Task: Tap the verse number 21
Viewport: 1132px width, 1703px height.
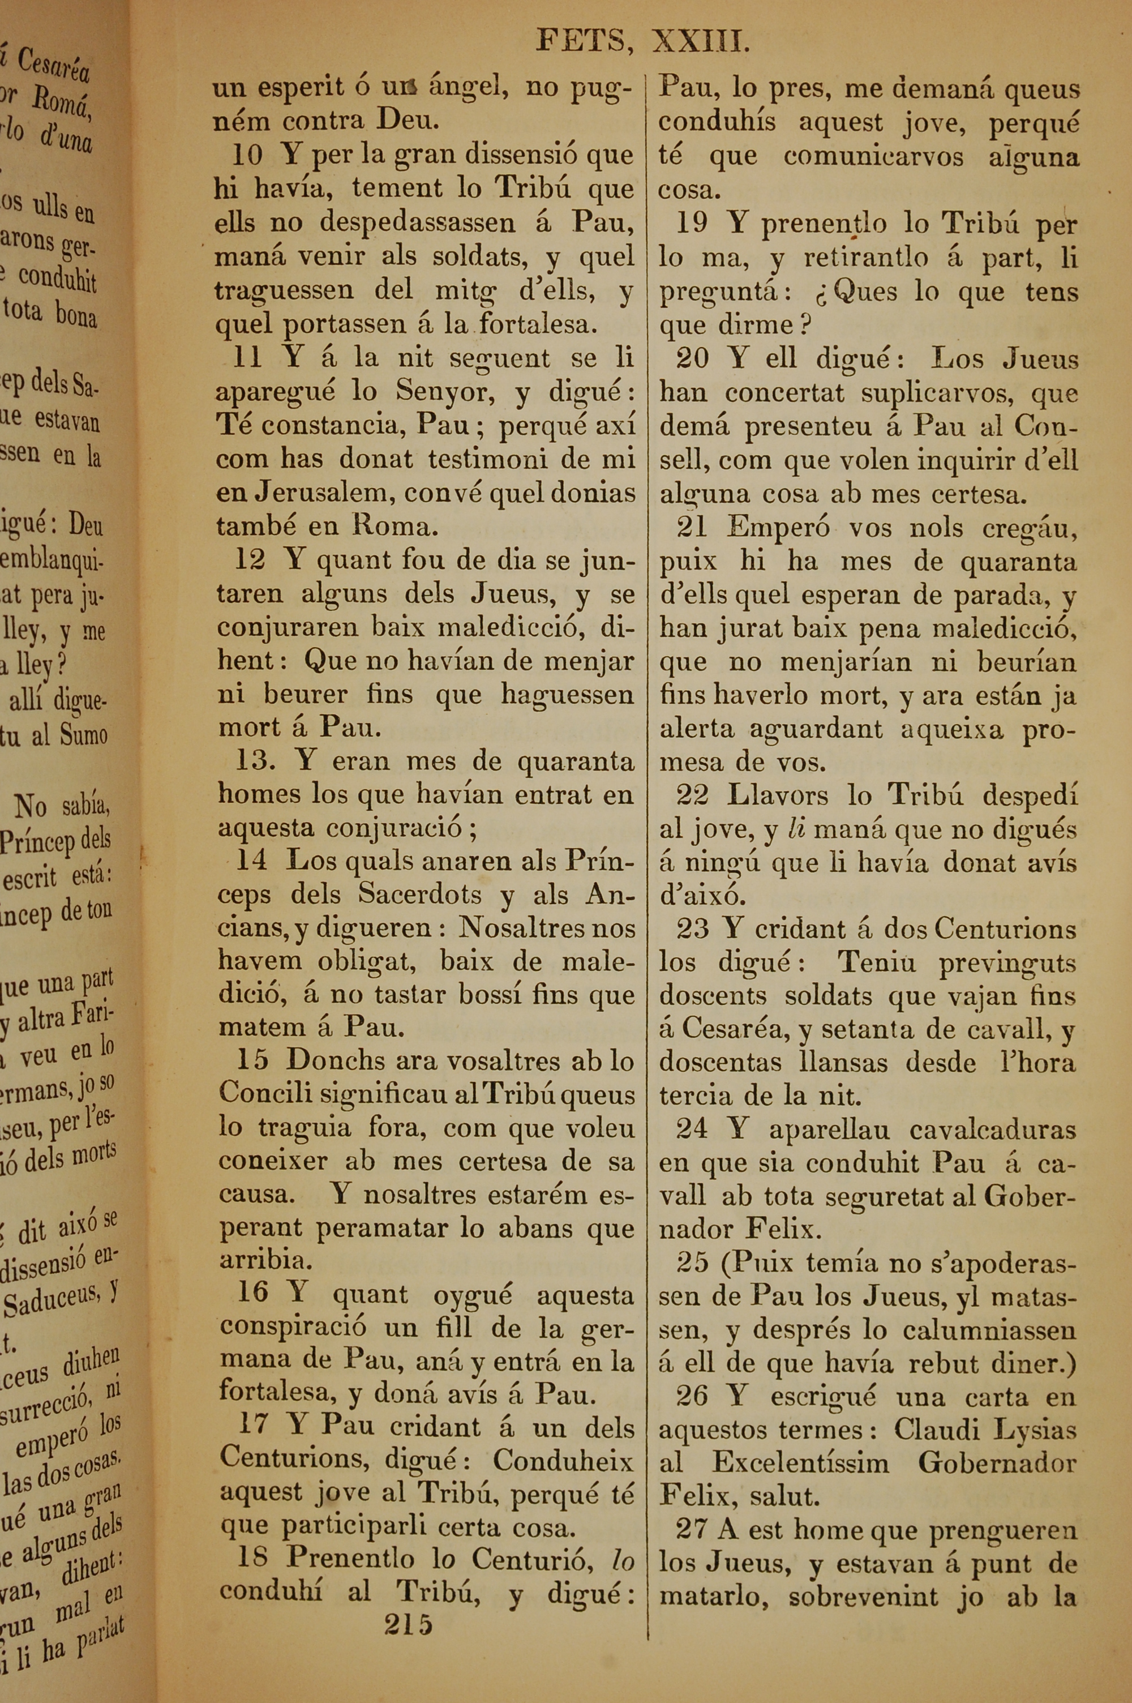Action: pos(692,528)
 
